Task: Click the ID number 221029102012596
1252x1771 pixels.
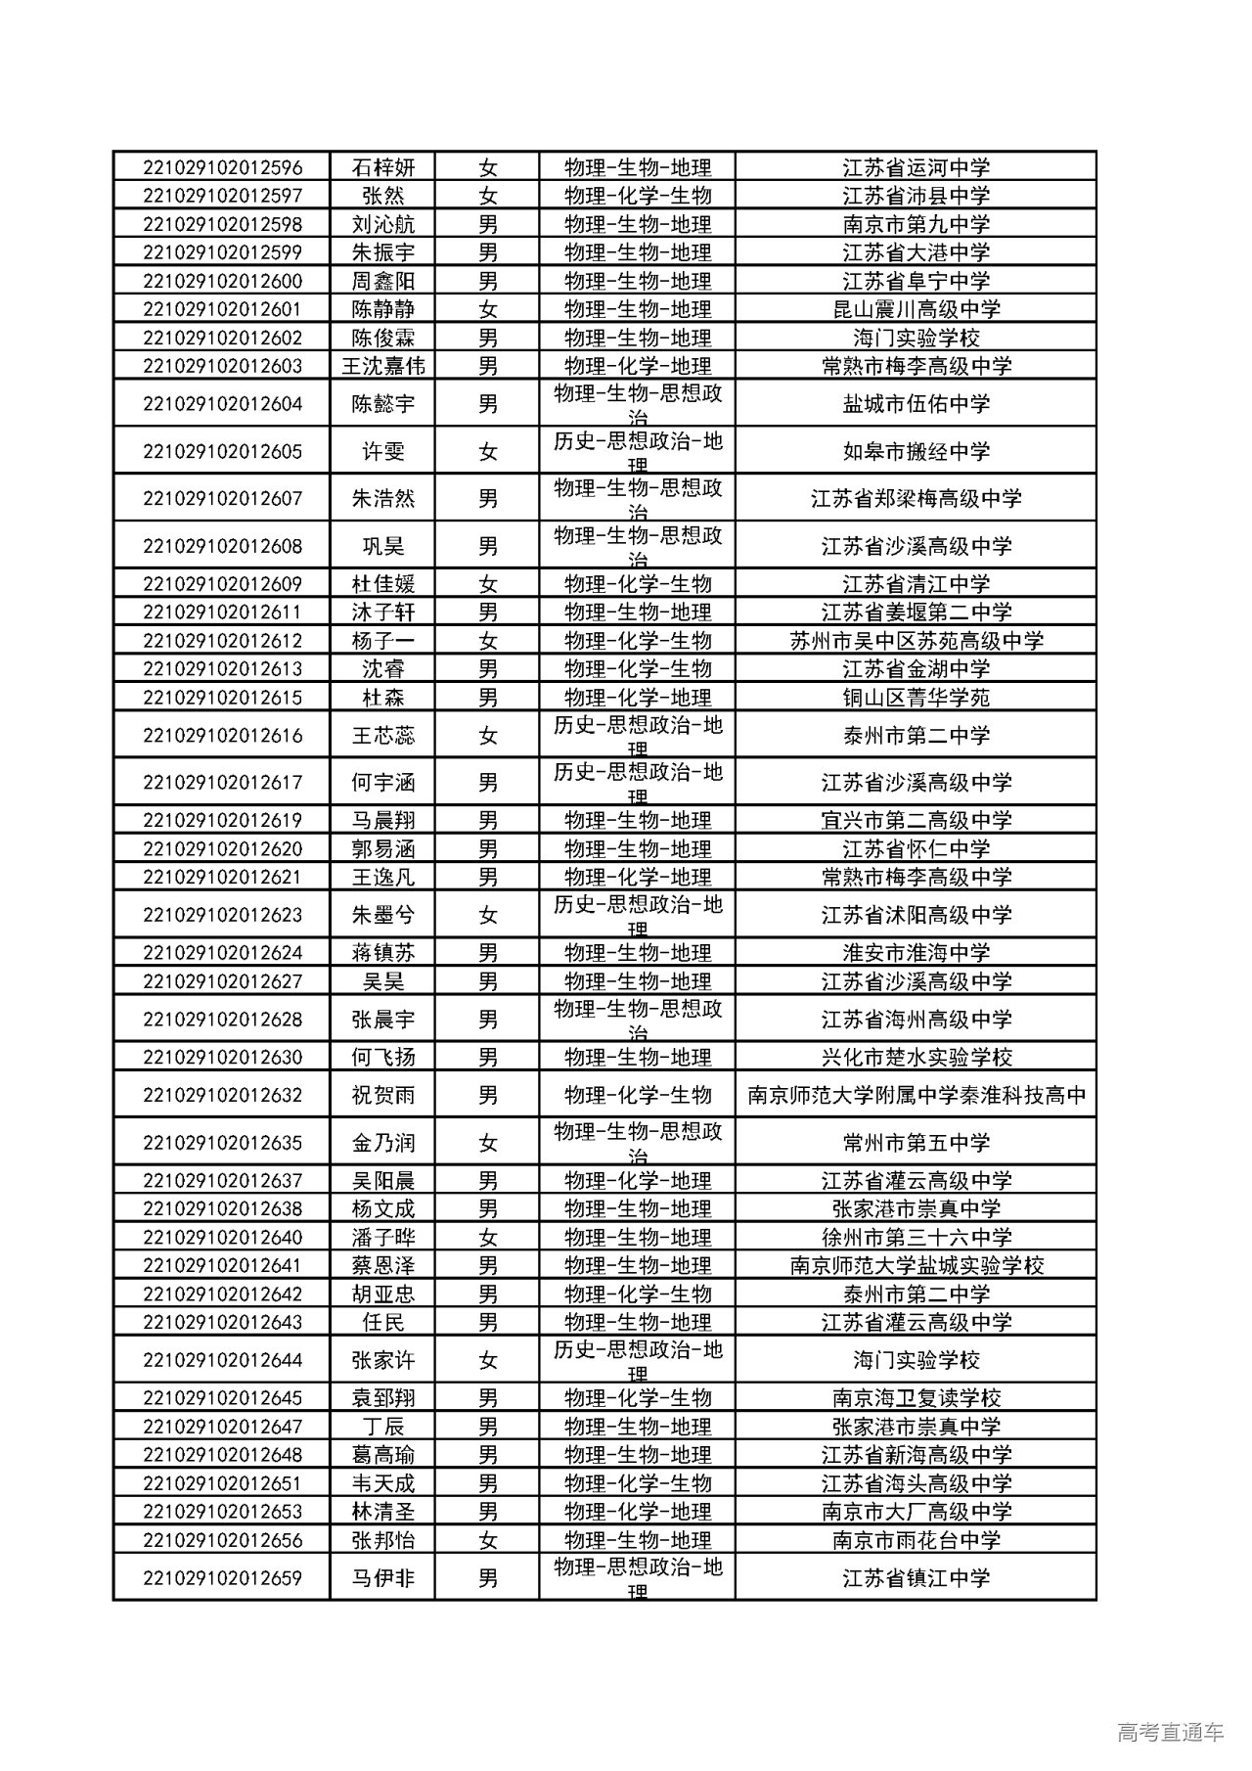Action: coord(222,167)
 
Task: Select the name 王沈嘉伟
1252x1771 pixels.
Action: coord(382,366)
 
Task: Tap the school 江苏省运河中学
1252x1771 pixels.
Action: coord(916,167)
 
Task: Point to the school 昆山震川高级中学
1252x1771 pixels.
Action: coord(916,309)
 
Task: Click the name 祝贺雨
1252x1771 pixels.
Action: coord(382,1095)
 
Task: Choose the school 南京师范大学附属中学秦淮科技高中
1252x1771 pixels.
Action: coord(916,1095)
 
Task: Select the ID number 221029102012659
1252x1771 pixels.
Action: coord(222,1577)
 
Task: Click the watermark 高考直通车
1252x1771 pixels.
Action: coord(1169,1732)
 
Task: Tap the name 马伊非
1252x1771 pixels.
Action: coord(382,1577)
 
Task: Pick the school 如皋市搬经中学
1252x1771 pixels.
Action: coord(916,451)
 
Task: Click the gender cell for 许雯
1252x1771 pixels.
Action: coord(487,451)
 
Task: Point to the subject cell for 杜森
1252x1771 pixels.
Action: coord(637,698)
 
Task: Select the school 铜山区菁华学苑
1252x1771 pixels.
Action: coord(916,698)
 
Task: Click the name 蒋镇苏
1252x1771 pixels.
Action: coord(382,953)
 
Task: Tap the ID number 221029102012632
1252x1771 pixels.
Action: coord(222,1095)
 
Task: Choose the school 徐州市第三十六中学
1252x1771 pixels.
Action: coord(916,1237)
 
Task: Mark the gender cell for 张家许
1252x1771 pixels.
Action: coord(487,1360)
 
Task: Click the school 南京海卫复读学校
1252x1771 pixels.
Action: coord(916,1398)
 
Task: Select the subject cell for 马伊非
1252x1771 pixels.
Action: coord(637,1577)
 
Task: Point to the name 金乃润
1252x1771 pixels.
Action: coord(382,1142)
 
